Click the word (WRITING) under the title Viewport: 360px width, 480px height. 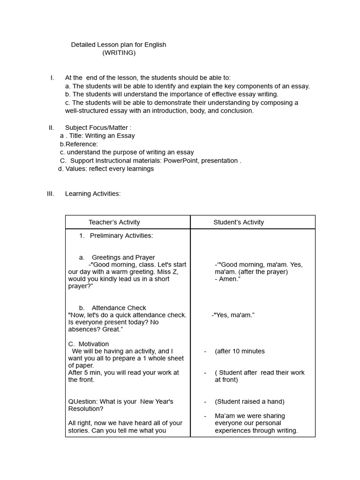119,53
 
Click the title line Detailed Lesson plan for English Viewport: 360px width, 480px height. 118,45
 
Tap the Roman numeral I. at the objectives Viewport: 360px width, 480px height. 52,78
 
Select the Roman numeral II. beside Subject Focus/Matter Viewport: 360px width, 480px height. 52,127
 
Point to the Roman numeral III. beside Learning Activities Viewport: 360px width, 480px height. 51,194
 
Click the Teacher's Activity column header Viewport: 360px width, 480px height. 114,222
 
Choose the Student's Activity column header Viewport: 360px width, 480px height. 239,222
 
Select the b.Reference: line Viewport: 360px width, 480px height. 79,144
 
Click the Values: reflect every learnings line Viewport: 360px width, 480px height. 106,169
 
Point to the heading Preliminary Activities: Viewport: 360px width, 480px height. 121,236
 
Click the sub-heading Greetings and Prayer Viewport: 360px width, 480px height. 123,257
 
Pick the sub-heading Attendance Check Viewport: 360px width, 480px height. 119,308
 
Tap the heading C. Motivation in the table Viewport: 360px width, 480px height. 89,344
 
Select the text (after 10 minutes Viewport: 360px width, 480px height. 240,351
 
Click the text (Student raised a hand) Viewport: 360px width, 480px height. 249,402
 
